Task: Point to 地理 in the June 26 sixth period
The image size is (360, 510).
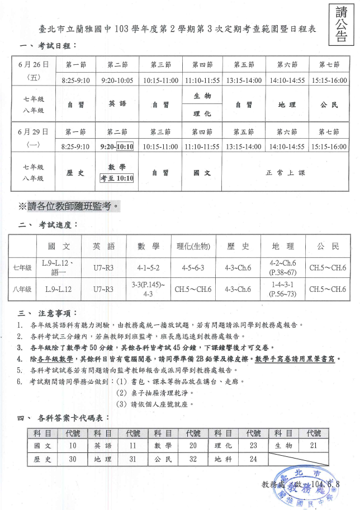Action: (287, 105)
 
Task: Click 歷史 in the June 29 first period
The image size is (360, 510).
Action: (75, 173)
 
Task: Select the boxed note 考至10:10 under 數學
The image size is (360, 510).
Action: (117, 178)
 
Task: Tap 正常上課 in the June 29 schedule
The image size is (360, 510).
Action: (286, 173)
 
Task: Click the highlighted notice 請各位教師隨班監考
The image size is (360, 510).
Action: (69, 206)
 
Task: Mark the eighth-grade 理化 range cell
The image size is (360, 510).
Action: (193, 289)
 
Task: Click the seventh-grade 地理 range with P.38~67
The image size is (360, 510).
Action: (282, 268)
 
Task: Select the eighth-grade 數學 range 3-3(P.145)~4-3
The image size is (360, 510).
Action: (148, 289)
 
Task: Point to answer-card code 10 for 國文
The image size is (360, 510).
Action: (72, 446)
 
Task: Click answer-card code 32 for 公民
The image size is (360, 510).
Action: (193, 459)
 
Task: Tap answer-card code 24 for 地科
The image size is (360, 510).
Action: (253, 459)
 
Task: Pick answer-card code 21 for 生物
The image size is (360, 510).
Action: (313, 446)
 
